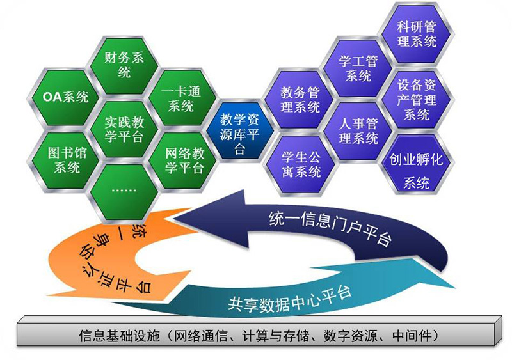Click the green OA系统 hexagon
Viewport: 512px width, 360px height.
65,97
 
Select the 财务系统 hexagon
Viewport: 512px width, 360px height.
124,65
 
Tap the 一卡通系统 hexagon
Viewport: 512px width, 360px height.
182,98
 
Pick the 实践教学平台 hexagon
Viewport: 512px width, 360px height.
124,129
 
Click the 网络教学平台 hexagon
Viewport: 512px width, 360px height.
182,160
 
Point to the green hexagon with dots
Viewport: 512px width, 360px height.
124,192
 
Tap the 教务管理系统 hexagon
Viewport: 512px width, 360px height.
300,100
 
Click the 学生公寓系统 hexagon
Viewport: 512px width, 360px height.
300,165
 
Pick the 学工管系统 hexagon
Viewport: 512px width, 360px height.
358,68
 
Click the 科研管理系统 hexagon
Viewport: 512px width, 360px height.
417,33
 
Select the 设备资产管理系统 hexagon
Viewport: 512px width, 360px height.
417,99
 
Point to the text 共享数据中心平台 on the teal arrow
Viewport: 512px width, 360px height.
289,299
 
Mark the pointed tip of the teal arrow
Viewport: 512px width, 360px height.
455,288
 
